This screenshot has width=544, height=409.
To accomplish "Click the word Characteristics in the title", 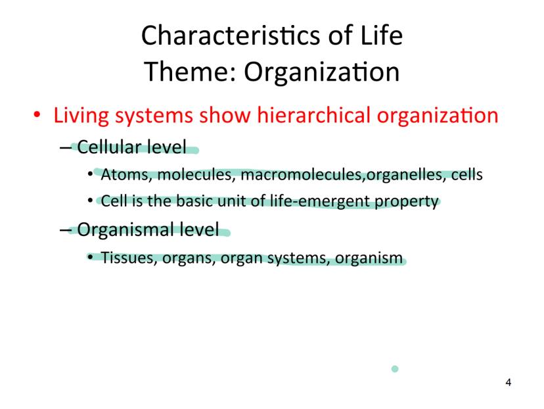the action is pos(231,35).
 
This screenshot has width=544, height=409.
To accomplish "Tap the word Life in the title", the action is pos(381,35).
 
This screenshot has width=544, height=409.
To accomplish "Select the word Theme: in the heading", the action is pos(190,72).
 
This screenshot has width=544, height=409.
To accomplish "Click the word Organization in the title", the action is pos(322,72).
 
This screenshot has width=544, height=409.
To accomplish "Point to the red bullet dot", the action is pos(37,114).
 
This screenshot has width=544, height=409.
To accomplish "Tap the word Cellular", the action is pos(109,147).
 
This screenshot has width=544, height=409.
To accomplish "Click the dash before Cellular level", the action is pos(65,148).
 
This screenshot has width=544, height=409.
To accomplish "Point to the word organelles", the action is pos(406,175).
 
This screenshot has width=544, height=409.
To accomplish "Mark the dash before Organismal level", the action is pos(65,230).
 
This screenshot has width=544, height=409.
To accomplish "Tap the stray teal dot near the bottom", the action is pos(395,369).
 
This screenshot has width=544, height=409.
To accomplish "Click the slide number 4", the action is pos(509,382).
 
